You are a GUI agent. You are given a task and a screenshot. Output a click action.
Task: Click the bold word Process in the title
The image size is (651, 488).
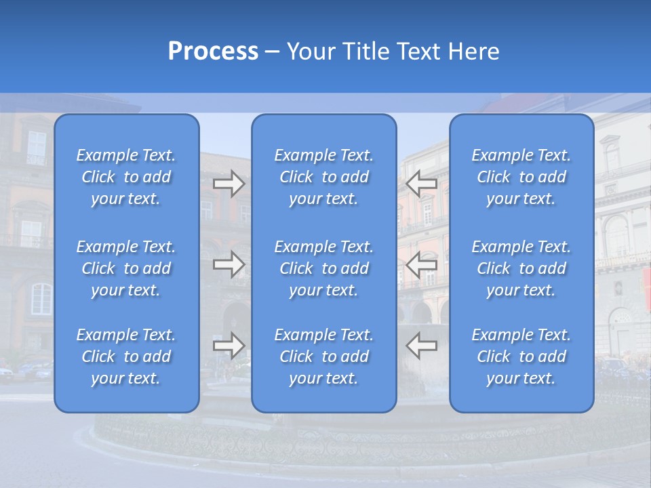[x=213, y=52]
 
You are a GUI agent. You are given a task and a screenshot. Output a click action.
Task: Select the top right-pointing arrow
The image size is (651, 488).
[x=229, y=184]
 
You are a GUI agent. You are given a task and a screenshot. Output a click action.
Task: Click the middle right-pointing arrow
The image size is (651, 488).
[x=229, y=264]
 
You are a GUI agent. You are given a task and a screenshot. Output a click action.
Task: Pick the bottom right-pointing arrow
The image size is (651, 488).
[x=229, y=346]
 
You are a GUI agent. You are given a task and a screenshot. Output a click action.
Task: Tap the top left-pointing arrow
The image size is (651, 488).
[x=421, y=184]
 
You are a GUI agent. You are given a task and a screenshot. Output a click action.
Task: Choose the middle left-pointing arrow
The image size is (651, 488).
[x=421, y=264]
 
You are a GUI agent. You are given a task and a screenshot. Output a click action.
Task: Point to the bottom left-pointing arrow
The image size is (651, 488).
[x=421, y=346]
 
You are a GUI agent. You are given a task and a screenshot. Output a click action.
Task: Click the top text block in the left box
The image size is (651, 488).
[x=126, y=177]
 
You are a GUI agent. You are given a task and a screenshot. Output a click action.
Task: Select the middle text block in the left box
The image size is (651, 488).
[x=126, y=268]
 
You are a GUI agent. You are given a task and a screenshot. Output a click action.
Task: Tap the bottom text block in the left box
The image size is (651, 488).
[x=126, y=357]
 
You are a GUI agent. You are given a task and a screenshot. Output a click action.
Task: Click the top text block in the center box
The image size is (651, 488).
[x=323, y=177]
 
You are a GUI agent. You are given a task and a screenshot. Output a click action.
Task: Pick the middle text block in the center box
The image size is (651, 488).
[x=323, y=268]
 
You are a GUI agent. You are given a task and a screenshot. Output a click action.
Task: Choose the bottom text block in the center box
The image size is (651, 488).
[x=323, y=357]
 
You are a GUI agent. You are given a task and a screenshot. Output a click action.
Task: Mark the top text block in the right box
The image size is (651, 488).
[x=521, y=177]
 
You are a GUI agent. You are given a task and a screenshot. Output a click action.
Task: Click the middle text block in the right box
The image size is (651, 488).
[x=521, y=268]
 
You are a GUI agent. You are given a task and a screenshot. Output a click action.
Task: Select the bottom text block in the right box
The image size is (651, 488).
[x=521, y=357]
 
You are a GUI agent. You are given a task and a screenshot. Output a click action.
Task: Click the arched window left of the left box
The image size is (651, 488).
[x=41, y=299]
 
